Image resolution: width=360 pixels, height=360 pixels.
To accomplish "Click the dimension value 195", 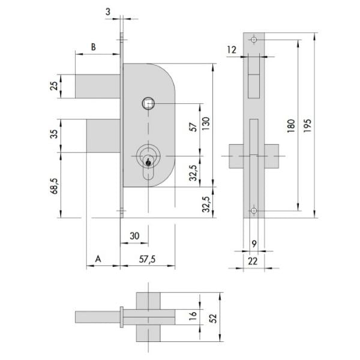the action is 307,125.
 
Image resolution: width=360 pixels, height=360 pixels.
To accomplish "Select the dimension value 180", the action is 291,126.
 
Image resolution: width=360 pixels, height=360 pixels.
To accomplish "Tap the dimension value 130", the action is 206,124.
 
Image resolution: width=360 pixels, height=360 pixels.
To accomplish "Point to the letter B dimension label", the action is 94,47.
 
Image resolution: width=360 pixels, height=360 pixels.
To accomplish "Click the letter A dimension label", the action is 98,259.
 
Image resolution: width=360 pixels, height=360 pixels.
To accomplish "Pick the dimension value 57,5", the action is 147,259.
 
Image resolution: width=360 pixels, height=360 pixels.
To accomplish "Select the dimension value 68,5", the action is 55,186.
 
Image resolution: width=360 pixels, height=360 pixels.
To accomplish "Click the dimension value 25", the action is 54,86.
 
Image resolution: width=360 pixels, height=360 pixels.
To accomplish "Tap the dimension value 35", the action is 54,134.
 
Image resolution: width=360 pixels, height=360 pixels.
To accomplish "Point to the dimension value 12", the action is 232,50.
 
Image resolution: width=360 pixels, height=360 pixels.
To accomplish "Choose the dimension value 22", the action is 253,261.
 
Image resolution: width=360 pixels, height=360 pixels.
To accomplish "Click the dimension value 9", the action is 254,244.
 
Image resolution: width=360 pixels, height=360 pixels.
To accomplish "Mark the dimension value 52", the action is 213,318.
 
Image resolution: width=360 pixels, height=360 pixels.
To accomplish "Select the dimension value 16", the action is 193,316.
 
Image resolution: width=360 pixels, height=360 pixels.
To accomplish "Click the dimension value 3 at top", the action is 108,12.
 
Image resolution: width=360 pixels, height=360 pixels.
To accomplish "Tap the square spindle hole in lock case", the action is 148,103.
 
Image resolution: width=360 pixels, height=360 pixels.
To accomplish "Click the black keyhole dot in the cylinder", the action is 148,163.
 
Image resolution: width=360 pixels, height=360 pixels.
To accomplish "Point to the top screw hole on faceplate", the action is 254,40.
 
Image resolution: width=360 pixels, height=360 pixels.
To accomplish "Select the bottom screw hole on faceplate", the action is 254,211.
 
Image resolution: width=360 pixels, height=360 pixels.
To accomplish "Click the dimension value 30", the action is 134,236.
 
